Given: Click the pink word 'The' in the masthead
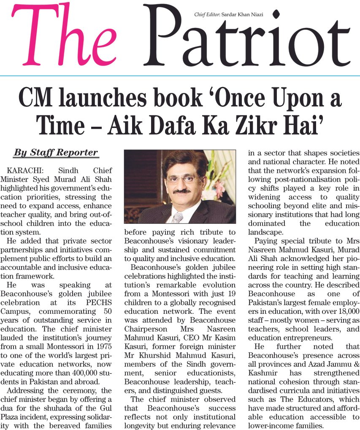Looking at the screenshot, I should pos(63,38).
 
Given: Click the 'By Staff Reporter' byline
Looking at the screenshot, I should pos(56,152).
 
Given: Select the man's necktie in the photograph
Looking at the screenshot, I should pos(178,217).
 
